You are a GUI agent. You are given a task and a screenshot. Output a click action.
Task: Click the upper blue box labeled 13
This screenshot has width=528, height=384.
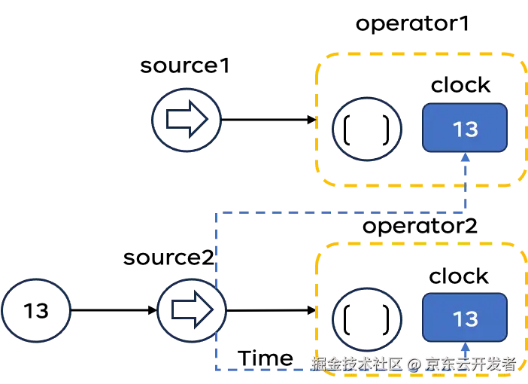[x=465, y=128]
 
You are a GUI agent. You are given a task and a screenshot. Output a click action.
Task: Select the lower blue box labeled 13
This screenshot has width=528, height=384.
[x=465, y=318]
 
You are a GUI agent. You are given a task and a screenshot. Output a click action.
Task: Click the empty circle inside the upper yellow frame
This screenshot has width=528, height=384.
[x=367, y=129]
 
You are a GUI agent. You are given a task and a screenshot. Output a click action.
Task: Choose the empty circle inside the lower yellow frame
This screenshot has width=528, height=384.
[x=367, y=317]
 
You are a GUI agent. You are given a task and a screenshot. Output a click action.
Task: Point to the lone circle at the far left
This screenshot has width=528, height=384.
[x=36, y=309]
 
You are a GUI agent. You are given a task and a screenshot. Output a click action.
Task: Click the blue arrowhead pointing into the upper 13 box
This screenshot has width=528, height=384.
[x=466, y=157]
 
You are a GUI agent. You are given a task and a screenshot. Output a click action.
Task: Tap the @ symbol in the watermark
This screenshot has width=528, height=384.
[x=413, y=364]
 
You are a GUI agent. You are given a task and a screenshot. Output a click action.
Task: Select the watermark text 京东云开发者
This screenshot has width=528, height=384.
[x=470, y=364]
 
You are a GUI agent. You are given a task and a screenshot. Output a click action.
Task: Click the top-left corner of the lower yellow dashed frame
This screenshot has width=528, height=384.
[x=319, y=248]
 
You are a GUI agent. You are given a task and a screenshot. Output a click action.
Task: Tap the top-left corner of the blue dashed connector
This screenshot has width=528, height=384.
[x=216, y=215]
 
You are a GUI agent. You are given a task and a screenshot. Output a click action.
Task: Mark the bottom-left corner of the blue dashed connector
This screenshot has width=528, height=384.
[x=216, y=369]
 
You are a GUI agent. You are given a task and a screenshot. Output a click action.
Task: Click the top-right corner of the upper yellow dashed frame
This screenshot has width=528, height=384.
[x=521, y=57]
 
